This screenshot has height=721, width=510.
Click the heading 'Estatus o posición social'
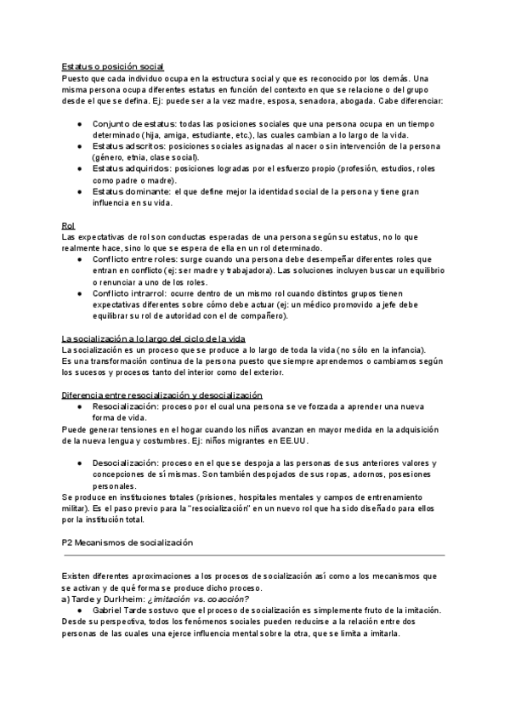(x=113, y=66)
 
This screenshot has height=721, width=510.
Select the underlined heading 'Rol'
(x=68, y=224)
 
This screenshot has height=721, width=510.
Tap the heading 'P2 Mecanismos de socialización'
(x=127, y=542)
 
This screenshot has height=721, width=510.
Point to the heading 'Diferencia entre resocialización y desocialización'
(x=162, y=395)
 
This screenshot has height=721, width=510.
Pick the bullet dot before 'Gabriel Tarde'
(x=78, y=610)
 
